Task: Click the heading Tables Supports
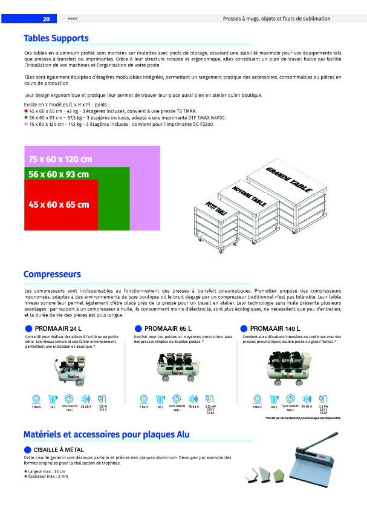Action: click(x=56, y=38)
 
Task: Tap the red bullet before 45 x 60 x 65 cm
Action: click(x=26, y=112)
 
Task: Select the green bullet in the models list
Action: click(x=26, y=117)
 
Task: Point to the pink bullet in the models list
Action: click(x=26, y=123)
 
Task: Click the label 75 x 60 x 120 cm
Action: click(x=60, y=159)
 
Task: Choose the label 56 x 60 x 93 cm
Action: click(x=59, y=175)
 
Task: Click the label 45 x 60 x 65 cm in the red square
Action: click(x=59, y=204)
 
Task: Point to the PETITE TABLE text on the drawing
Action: click(x=216, y=209)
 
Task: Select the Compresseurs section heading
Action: click(x=52, y=274)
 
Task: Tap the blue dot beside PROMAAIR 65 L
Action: click(x=138, y=328)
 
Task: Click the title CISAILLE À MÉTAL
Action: click(x=59, y=449)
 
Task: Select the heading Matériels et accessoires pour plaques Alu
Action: click(x=106, y=434)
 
